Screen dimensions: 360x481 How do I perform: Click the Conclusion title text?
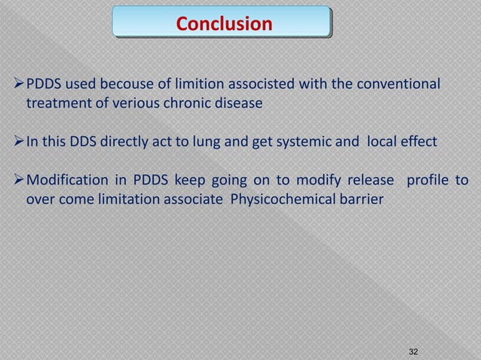click(224, 23)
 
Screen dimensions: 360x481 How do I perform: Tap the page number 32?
click(412, 352)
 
